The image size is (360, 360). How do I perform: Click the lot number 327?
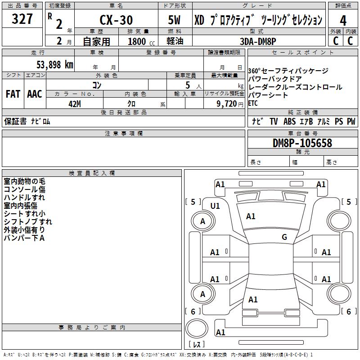pyautogui.click(x=22, y=20)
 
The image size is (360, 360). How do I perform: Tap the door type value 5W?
pyautogui.click(x=175, y=21)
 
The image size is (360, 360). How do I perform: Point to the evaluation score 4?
pyautogui.click(x=343, y=21)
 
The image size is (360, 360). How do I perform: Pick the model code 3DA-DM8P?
pyautogui.click(x=258, y=41)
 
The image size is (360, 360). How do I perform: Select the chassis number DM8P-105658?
pyautogui.click(x=302, y=143)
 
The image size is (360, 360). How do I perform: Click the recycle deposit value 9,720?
pyautogui.click(x=227, y=103)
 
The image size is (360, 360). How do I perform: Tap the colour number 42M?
pyautogui.click(x=75, y=103)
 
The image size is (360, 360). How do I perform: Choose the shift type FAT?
pyautogui.click(x=13, y=94)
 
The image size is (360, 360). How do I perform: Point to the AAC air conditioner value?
pyautogui.click(x=35, y=94)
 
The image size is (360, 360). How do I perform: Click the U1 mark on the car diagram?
pyautogui.click(x=215, y=206)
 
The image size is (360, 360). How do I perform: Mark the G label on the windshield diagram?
pyautogui.click(x=284, y=237)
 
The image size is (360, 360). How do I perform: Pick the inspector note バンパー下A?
pyautogui.click(x=24, y=238)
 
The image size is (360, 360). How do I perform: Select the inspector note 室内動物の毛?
pyautogui.click(x=24, y=181)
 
